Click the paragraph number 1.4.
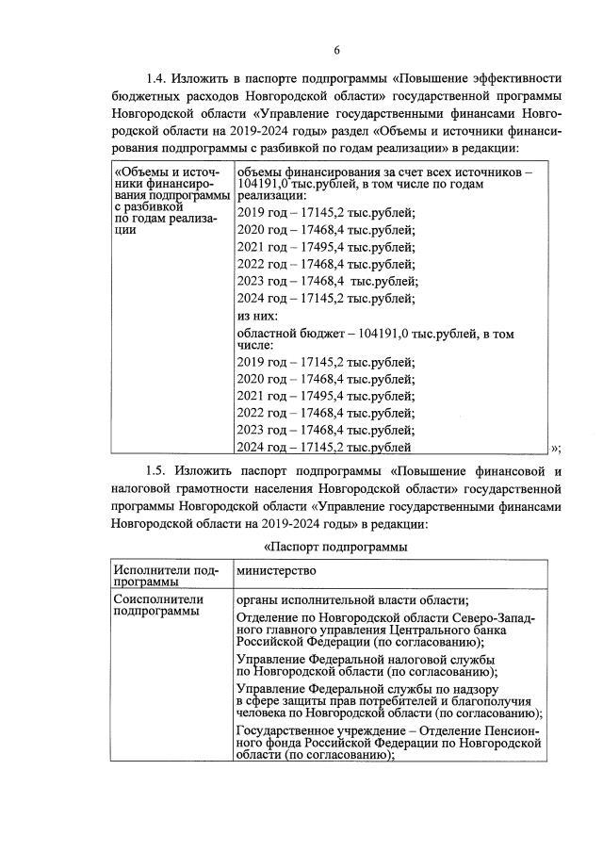[x=156, y=77]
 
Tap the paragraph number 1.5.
[x=156, y=469]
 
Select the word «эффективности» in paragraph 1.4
[x=510, y=77]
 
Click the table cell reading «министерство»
[x=275, y=572]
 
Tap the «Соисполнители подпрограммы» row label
[x=156, y=605]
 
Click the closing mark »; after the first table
[x=557, y=447]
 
